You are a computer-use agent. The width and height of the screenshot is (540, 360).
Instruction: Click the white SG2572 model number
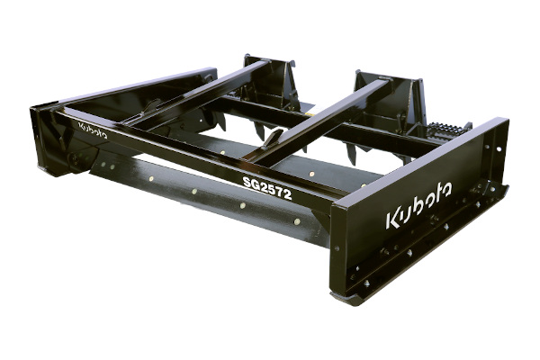[x=267, y=188]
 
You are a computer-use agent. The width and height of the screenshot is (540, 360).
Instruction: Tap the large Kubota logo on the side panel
[x=418, y=205]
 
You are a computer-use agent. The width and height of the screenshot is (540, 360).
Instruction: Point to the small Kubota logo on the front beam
[x=93, y=130]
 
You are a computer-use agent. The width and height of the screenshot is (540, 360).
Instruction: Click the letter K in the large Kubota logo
[x=392, y=220]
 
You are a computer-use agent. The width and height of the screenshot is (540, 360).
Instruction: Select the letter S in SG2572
[x=247, y=182]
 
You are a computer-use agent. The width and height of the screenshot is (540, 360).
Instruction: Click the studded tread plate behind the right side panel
[x=445, y=130]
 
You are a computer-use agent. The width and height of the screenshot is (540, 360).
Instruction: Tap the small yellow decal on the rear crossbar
[x=310, y=114]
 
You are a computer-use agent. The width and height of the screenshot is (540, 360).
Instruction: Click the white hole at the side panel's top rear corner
[x=499, y=149]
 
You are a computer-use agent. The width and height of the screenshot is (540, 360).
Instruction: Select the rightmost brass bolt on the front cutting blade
[x=296, y=221]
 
